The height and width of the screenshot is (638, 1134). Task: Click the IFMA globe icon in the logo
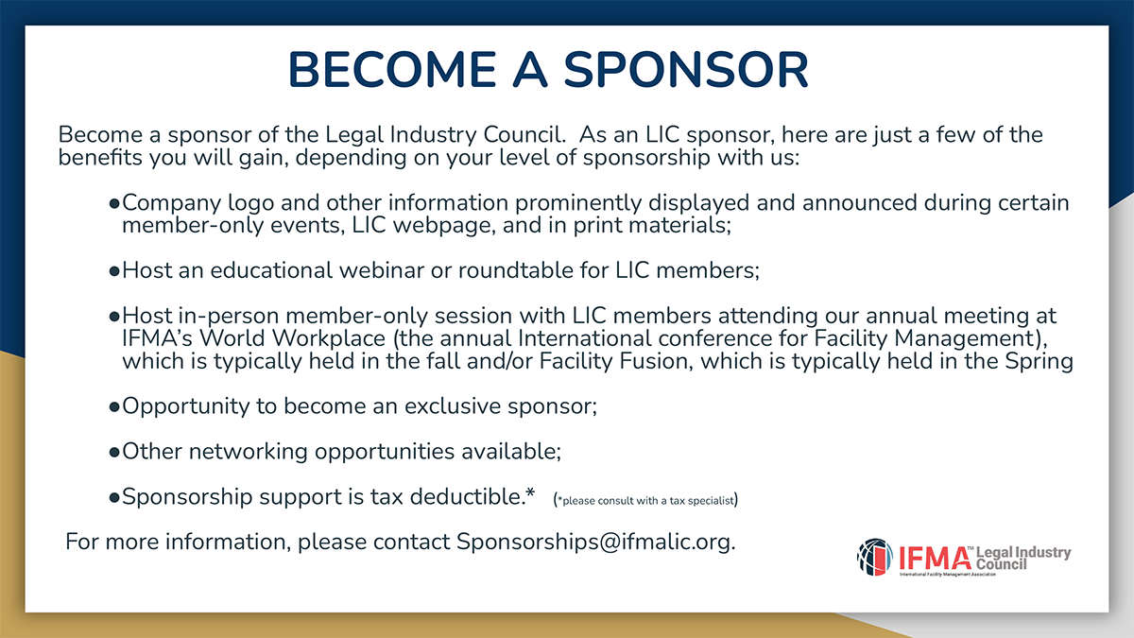875,558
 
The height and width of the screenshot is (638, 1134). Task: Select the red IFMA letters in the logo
935,559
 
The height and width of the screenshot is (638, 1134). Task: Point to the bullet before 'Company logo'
114,204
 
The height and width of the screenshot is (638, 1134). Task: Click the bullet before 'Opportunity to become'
114,407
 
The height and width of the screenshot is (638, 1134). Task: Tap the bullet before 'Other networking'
114,452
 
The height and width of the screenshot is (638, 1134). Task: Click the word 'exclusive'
453,406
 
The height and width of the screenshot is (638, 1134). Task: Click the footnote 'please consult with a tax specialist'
648,501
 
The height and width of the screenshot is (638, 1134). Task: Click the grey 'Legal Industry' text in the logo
1023,552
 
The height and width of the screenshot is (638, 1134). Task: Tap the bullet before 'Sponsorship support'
114,498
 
